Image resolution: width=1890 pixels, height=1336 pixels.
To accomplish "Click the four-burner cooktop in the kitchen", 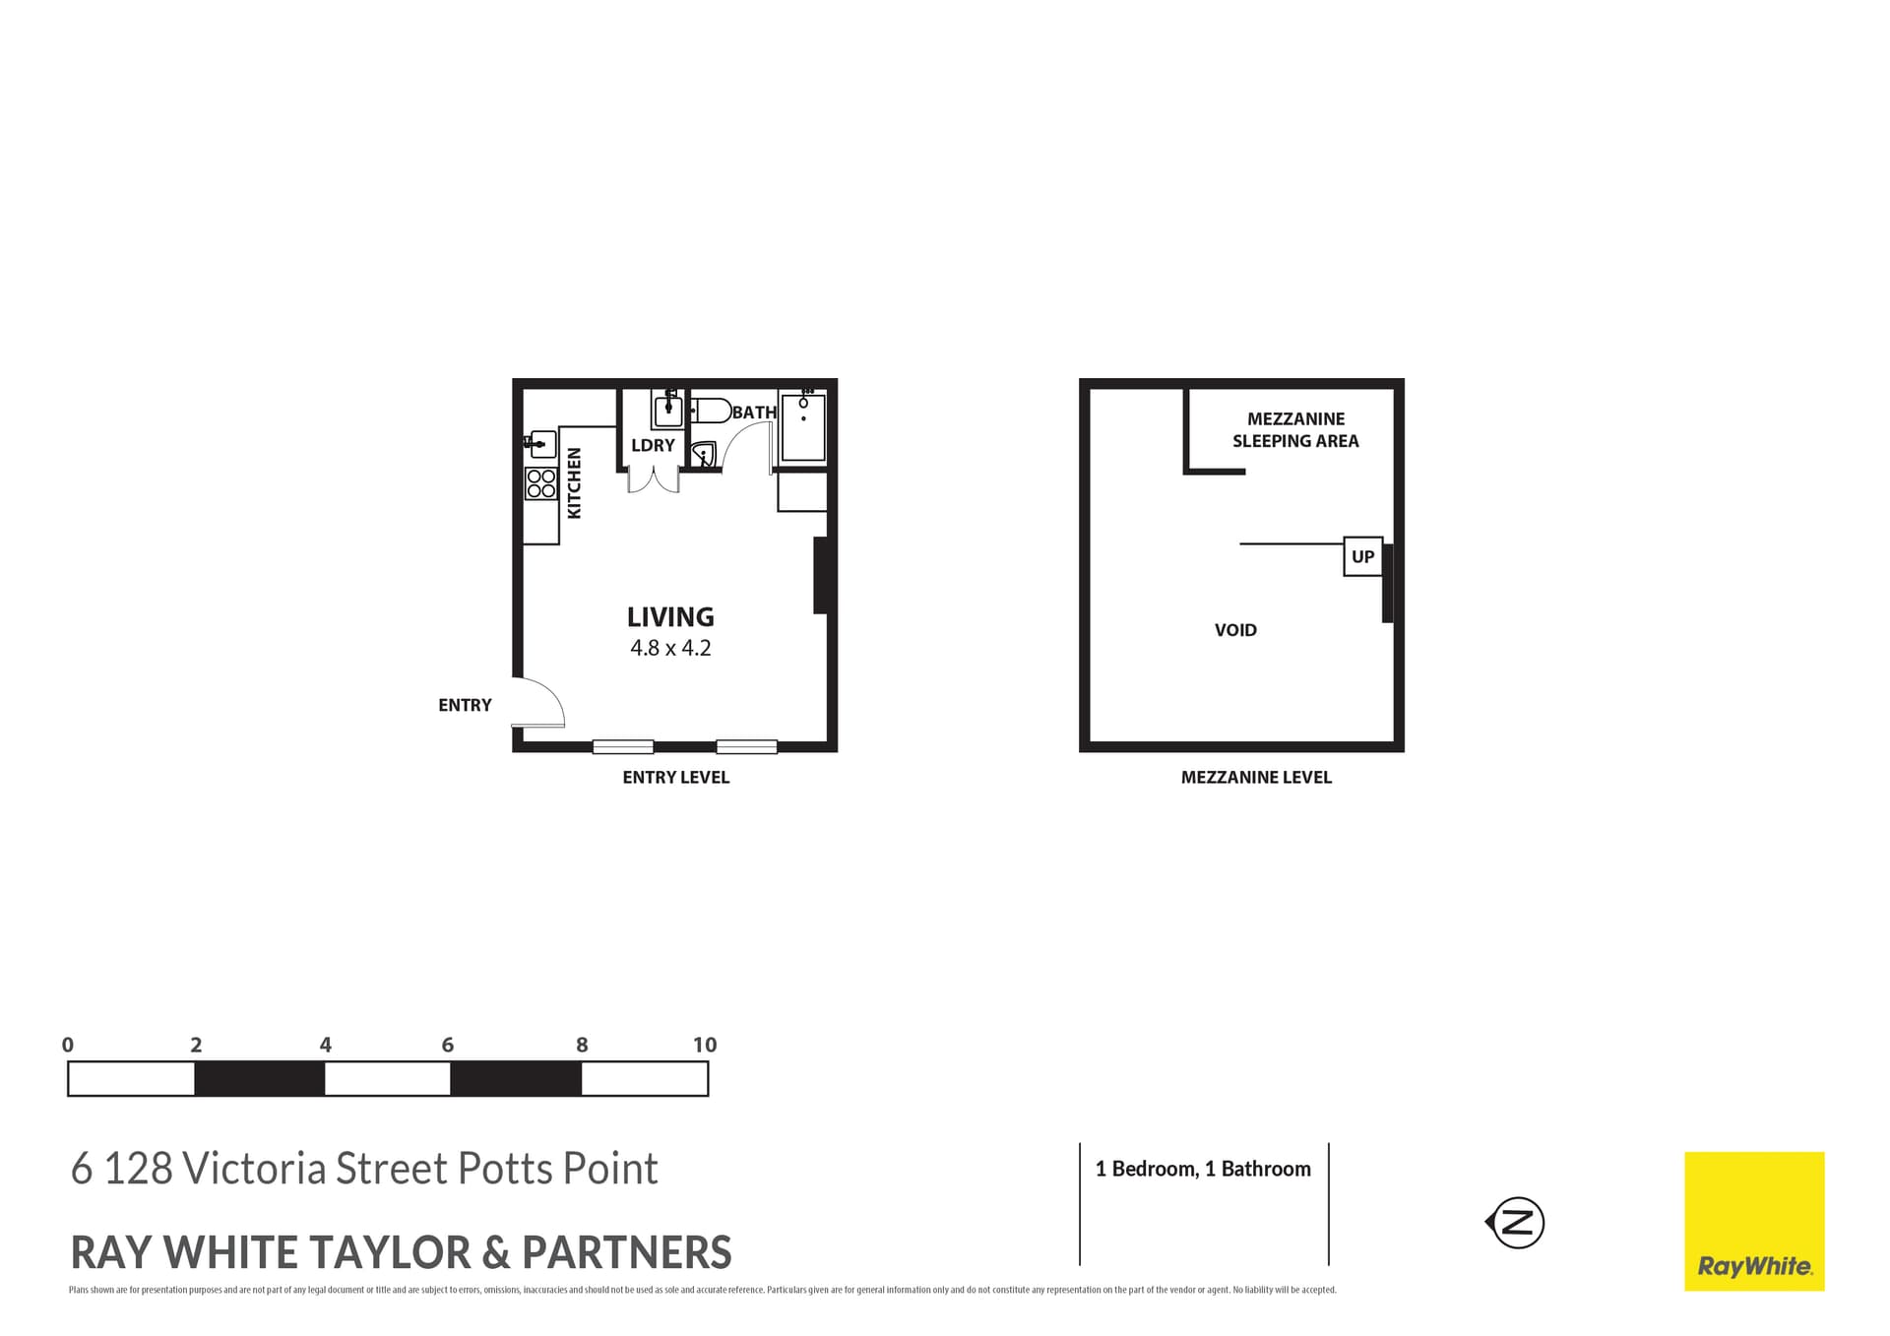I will [541, 483].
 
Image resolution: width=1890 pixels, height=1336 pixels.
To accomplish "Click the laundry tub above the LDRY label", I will [668, 409].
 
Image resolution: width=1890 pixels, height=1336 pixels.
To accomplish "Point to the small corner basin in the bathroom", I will [703, 455].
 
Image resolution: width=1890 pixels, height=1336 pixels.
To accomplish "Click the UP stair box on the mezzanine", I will [1362, 556].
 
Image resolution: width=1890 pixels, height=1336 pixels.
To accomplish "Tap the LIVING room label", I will [670, 617].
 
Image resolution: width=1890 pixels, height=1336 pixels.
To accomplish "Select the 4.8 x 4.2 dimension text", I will [670, 648].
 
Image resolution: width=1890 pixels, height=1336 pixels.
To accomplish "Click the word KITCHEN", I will [575, 482].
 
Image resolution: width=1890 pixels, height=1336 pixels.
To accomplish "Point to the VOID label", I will [1235, 630].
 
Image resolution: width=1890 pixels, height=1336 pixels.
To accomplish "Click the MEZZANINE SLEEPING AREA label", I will [1295, 430].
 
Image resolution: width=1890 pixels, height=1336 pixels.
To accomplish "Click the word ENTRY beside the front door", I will [465, 705].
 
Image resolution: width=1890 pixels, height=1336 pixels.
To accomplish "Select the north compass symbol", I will [1517, 1223].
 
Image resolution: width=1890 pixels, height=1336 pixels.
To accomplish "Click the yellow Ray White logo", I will [1754, 1221].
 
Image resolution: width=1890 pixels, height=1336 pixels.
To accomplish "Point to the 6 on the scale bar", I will [448, 1046].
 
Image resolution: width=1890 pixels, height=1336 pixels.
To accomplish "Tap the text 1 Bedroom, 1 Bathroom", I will [1203, 1169].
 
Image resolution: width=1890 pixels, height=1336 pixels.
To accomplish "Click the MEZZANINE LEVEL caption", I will [1256, 777].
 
